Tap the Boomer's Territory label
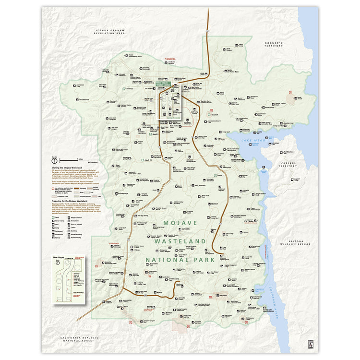274,44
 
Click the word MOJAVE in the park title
180,223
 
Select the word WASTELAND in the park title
180,240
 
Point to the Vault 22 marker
128,89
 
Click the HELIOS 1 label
213,204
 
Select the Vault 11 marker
219,176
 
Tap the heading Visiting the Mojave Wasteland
68,168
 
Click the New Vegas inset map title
58,257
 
